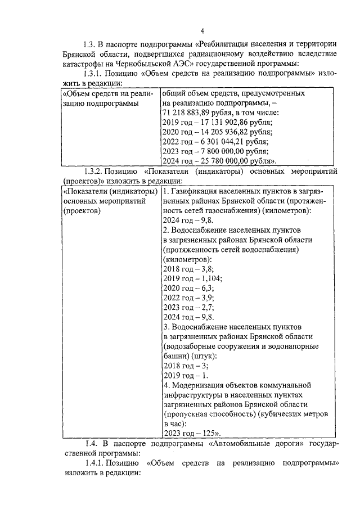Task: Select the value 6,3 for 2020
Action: [x=206, y=288]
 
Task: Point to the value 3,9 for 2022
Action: [x=206, y=298]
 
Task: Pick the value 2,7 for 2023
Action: [x=206, y=307]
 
